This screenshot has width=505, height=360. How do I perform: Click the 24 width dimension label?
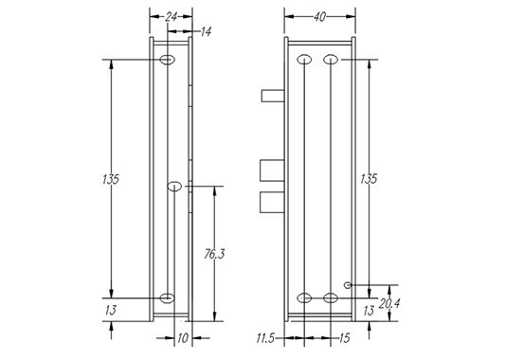171,17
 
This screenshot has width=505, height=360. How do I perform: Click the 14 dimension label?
206,32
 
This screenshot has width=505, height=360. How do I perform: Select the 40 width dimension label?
319,17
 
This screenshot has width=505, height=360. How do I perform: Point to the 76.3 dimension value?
214,255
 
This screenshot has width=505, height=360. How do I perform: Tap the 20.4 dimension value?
388,303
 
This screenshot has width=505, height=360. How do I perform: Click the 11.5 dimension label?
265,338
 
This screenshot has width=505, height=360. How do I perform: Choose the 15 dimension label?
344,338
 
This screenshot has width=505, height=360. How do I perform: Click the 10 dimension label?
182,338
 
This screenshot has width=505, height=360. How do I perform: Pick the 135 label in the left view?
111,179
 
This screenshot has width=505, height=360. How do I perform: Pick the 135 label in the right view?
369,179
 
